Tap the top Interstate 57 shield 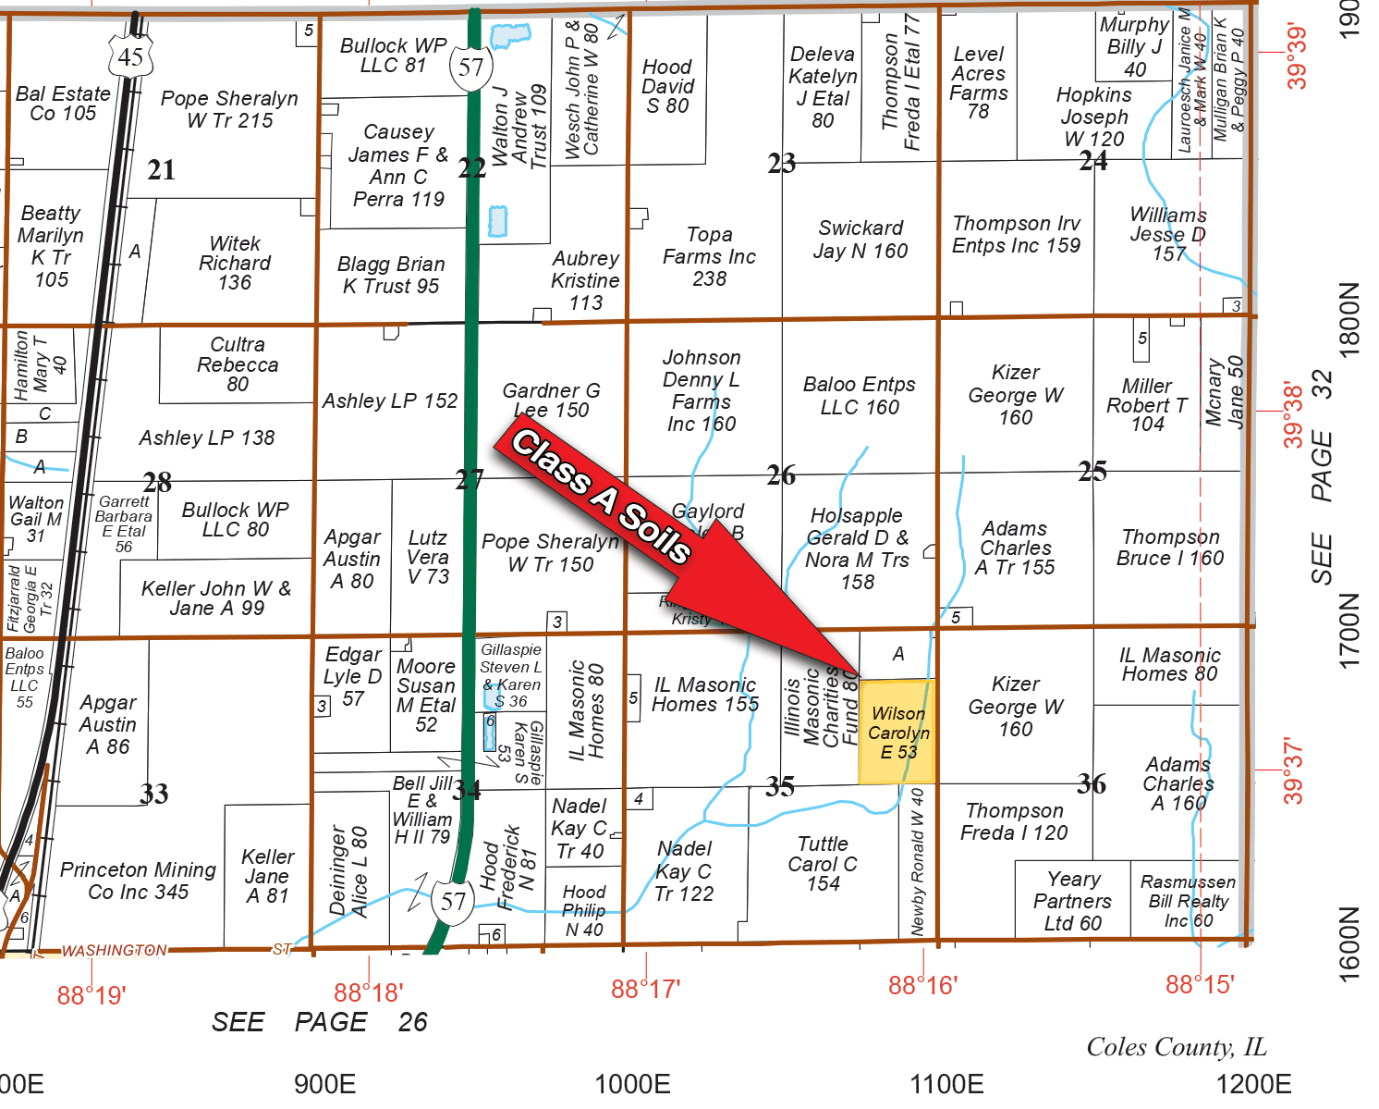470,67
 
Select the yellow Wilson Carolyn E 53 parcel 897,733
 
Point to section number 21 161,170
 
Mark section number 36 1092,784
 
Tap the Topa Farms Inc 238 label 709,256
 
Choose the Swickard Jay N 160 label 860,240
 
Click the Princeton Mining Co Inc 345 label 138,881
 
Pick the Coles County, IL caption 1176,1047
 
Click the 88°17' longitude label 645,989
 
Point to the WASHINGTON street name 115,950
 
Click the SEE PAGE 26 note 319,1022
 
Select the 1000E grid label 632,1083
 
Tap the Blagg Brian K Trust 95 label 391,275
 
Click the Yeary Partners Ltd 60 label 1072,901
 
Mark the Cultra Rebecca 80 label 238,364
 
